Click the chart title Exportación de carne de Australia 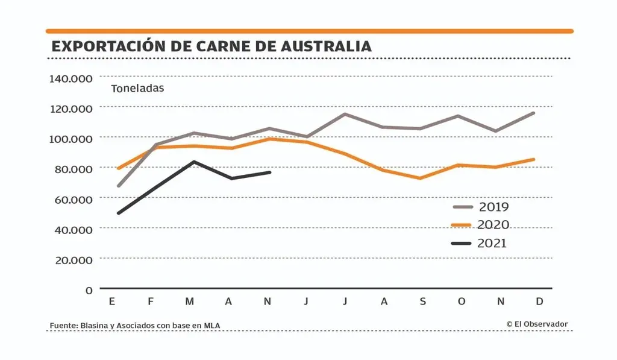211,46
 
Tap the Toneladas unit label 137,88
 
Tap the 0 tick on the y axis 89,290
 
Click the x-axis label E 111,302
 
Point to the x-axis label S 422,302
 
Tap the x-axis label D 539,302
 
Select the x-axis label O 462,302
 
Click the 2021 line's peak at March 193,162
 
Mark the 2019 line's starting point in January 118,186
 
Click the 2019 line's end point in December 534,113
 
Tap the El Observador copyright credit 537,324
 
